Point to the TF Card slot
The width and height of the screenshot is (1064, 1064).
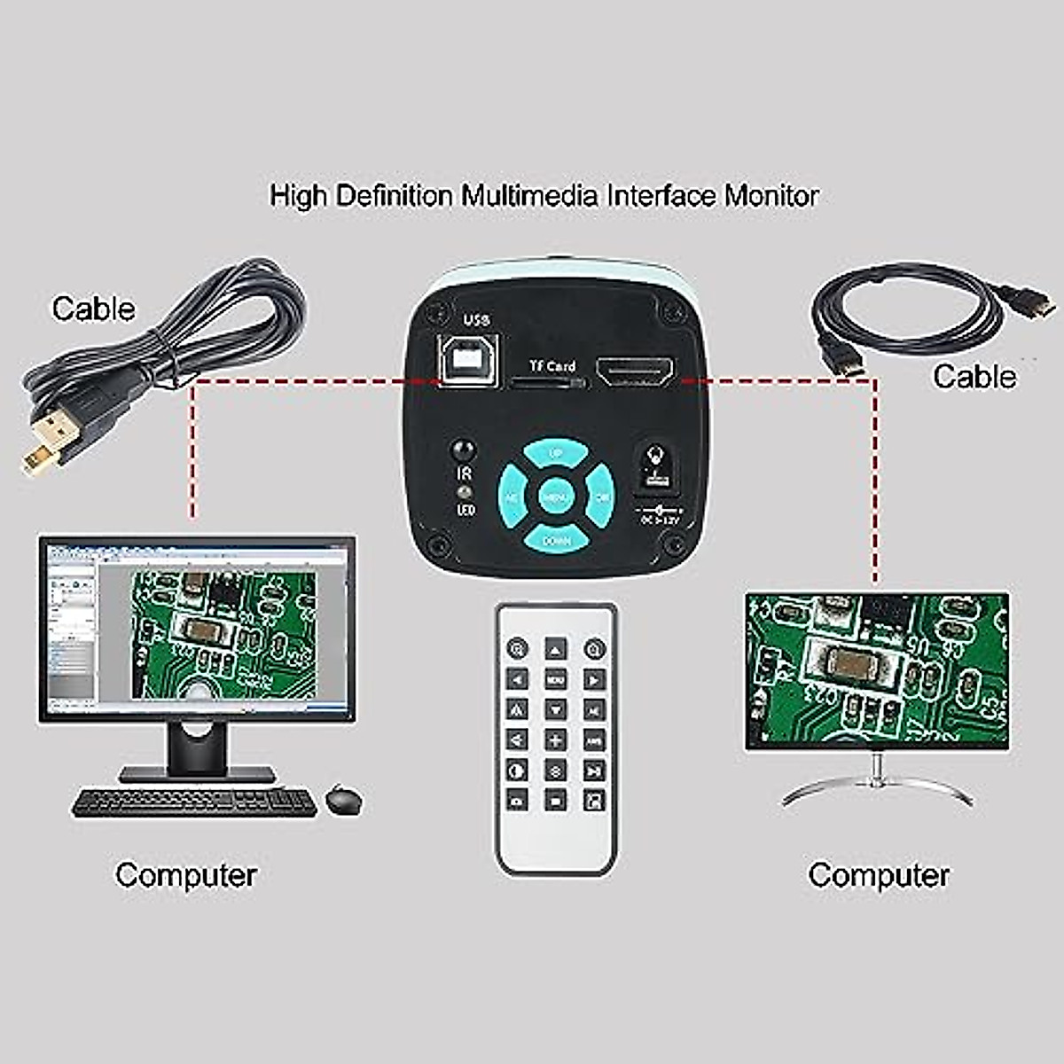coord(550,383)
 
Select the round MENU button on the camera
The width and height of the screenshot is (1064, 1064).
coord(556,497)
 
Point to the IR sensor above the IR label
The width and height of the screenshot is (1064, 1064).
coord(462,450)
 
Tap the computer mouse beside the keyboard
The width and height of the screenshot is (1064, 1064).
coord(343,800)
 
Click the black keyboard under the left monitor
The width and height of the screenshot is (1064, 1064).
coord(194,802)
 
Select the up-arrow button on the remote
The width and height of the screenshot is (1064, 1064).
coord(555,650)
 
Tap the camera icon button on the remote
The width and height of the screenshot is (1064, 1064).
coord(516,800)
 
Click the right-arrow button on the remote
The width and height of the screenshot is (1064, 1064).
coord(594,680)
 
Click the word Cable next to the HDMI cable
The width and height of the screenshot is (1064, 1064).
coord(974,377)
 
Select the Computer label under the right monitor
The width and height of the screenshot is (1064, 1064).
coord(878,875)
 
